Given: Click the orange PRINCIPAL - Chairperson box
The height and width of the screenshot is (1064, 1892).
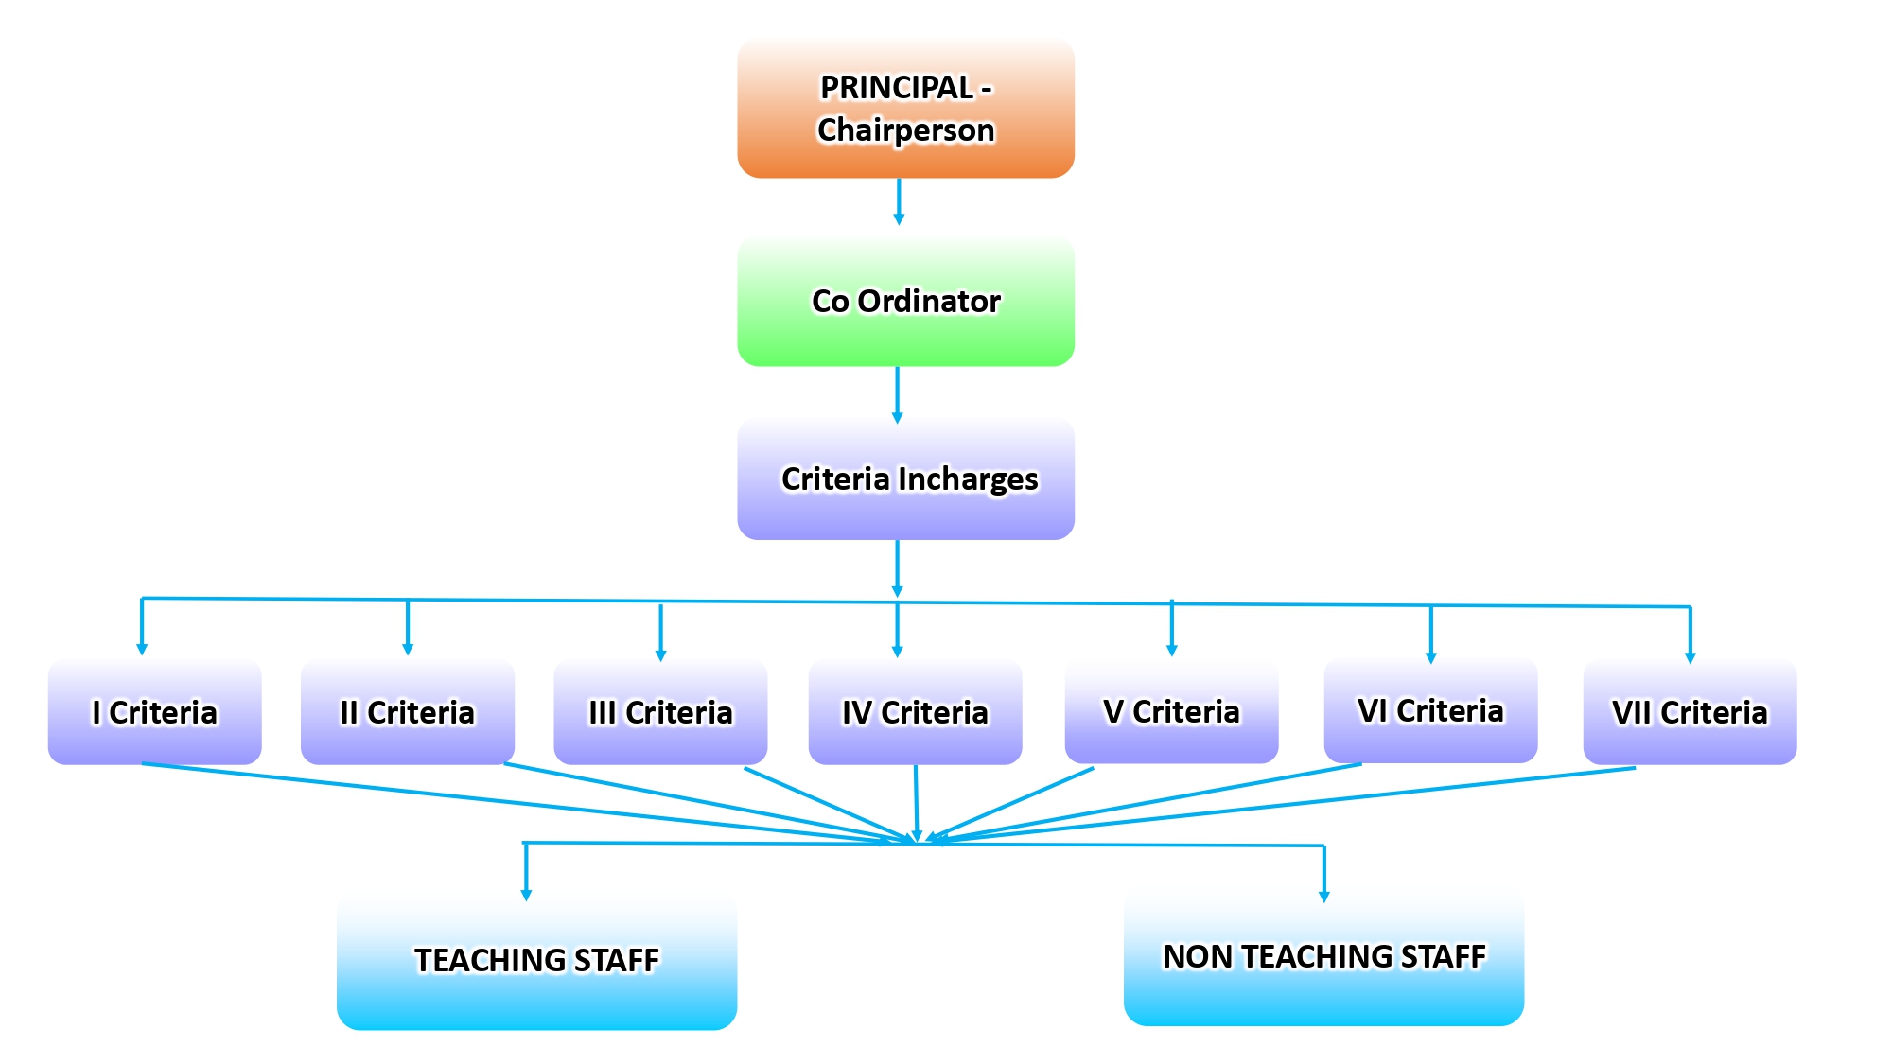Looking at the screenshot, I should click(x=905, y=108).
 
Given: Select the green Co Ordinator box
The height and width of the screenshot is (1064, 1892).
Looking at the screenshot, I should click(x=905, y=301).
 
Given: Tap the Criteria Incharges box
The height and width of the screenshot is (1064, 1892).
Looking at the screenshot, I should click(x=905, y=479).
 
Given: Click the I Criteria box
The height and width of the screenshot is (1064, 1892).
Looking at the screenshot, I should click(x=154, y=712).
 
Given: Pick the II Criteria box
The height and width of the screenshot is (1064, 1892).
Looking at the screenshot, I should click(x=407, y=712).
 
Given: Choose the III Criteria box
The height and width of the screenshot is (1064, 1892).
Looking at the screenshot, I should click(x=660, y=712).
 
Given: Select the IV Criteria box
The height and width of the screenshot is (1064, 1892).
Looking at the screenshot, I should click(x=915, y=712).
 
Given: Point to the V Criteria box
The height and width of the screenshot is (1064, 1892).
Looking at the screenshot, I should click(x=1171, y=711).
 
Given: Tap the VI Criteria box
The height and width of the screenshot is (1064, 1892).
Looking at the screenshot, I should click(x=1430, y=710).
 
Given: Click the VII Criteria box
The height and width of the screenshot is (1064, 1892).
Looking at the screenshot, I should click(x=1690, y=712).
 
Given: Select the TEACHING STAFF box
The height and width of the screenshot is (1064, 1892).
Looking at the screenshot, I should click(x=536, y=960).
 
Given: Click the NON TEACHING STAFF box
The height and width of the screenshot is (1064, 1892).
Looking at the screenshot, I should click(x=1323, y=956).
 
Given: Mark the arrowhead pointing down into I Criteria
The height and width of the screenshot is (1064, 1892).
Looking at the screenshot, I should click(x=142, y=649).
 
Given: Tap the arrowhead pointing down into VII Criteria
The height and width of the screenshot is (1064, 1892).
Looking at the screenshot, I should click(x=1691, y=656).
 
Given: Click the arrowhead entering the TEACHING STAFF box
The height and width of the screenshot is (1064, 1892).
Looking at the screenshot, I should click(x=526, y=895).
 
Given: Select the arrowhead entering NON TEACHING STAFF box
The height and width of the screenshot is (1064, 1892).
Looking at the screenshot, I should click(x=1324, y=896).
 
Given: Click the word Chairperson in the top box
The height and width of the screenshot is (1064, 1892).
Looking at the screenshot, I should click(x=905, y=130).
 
